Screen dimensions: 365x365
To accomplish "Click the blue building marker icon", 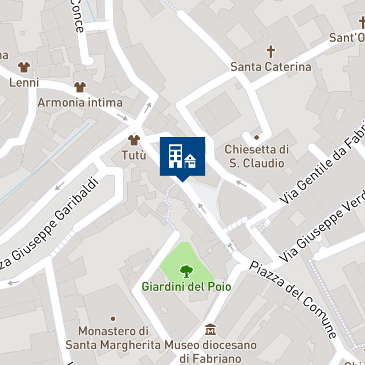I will (x=182, y=156).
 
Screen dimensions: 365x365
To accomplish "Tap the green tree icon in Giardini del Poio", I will (x=186, y=271).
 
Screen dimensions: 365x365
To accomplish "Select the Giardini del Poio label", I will (x=186, y=286).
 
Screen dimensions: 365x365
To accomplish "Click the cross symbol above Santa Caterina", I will (x=271, y=52).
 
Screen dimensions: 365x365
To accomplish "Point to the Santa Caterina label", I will (x=271, y=67).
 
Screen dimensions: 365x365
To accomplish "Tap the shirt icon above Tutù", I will (x=134, y=140).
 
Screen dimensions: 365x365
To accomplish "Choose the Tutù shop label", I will (x=134, y=155).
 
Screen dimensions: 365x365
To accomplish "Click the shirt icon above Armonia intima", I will (x=80, y=87).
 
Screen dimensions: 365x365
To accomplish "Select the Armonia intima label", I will (x=80, y=103).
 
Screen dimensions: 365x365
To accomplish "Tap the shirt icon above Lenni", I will (x=24, y=67).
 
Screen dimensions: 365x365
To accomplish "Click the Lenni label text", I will (x=24, y=83).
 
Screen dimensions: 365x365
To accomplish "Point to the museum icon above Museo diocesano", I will (x=210, y=330).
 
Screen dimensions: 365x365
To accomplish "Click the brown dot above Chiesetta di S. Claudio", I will (x=257, y=137).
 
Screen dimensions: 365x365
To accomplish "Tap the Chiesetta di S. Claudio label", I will (x=257, y=156).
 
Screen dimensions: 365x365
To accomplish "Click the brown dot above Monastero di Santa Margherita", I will (x=113, y=318).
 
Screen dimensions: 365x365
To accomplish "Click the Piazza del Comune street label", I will (x=294, y=299).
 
